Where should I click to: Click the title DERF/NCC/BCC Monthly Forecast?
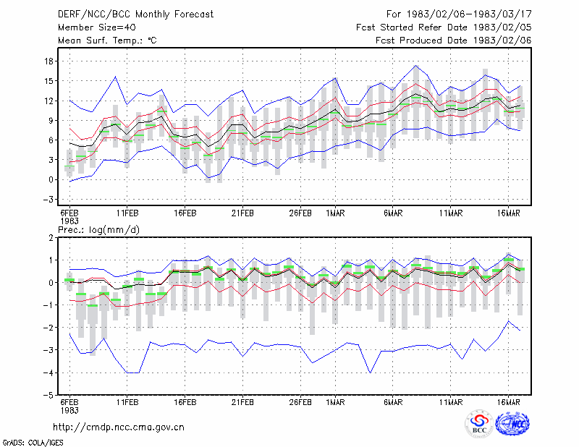tap(135, 14)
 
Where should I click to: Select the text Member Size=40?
tap(97, 27)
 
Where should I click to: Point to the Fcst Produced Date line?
tap(454, 41)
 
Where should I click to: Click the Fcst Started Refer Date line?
tap(444, 27)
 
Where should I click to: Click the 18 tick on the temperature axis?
tap(48, 61)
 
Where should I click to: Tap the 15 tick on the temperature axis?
tap(48, 81)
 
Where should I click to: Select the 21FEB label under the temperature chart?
tap(242, 213)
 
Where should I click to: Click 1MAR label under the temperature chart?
tap(335, 213)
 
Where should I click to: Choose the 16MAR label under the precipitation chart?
tap(509, 402)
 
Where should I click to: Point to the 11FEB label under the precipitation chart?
tap(127, 402)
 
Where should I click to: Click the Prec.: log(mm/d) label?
tap(99, 230)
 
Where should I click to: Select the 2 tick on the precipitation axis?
tap(51, 238)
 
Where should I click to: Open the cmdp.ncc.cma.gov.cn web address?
tap(119, 427)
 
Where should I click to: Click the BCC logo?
tap(479, 424)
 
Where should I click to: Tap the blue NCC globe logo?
tap(512, 424)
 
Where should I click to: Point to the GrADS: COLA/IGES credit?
tap(33, 443)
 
